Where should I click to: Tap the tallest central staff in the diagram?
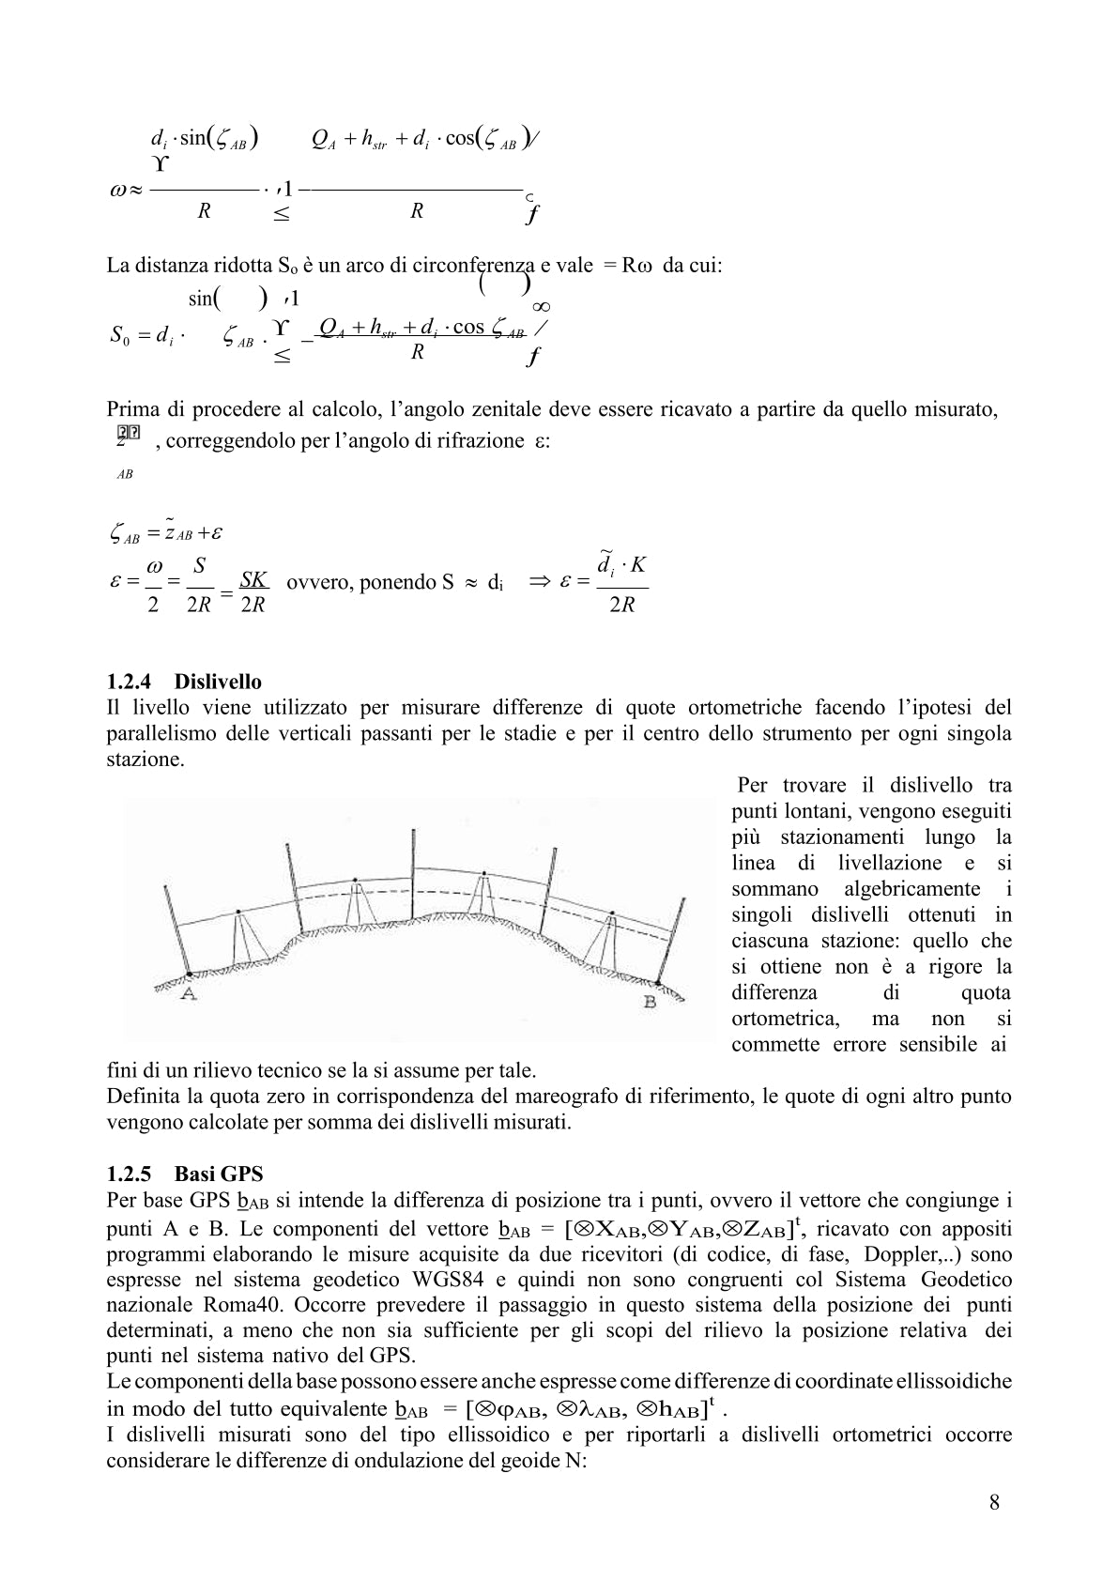(413, 873)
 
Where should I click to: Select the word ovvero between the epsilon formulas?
(315, 582)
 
